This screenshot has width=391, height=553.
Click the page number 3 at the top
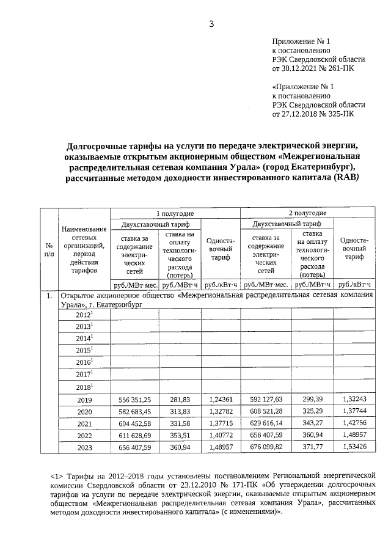211,24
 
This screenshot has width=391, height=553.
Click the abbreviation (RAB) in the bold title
346,178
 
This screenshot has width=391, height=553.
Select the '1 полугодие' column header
175,213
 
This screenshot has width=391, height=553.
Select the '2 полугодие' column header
307,213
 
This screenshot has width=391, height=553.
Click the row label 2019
84,400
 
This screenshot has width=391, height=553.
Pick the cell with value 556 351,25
134,400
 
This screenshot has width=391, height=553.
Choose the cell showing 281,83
180,400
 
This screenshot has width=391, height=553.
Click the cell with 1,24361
221,400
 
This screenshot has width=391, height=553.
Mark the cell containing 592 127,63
266,400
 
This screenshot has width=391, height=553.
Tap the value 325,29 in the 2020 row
313,412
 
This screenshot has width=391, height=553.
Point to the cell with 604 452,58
134,424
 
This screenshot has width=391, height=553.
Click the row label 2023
84,448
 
